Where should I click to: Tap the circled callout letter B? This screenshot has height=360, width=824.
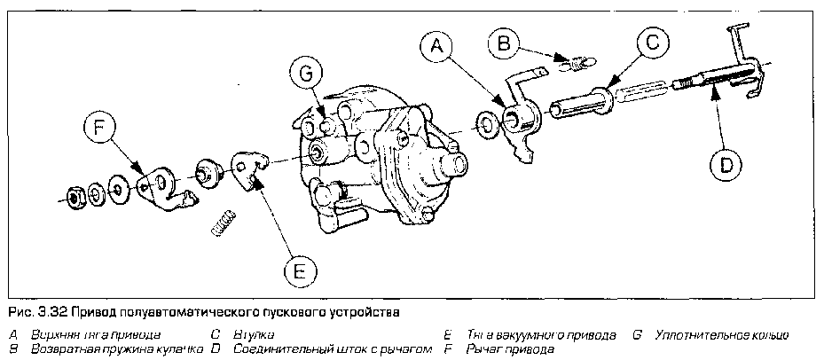506,42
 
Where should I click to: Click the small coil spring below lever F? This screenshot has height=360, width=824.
224,223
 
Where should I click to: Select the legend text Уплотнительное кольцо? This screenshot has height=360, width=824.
719,335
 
